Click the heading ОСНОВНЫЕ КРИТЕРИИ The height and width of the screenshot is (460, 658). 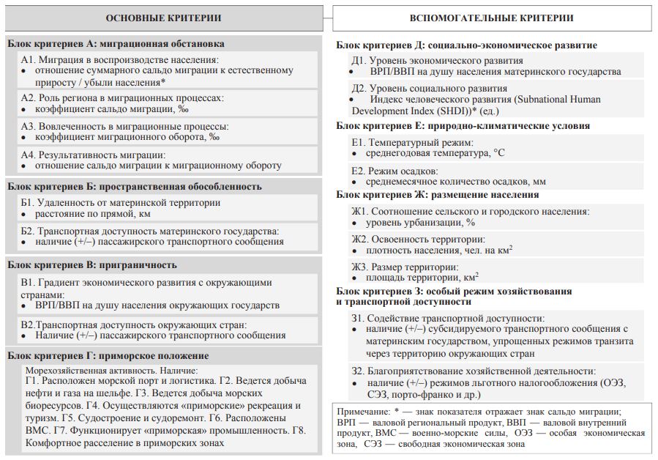click(x=163, y=18)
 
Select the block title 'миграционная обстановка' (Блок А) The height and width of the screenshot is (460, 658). click(x=163, y=44)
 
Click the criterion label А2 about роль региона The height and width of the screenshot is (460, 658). click(x=121, y=98)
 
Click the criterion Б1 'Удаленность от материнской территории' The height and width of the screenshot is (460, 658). click(x=120, y=203)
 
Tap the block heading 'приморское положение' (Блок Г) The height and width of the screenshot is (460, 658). click(x=154, y=356)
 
